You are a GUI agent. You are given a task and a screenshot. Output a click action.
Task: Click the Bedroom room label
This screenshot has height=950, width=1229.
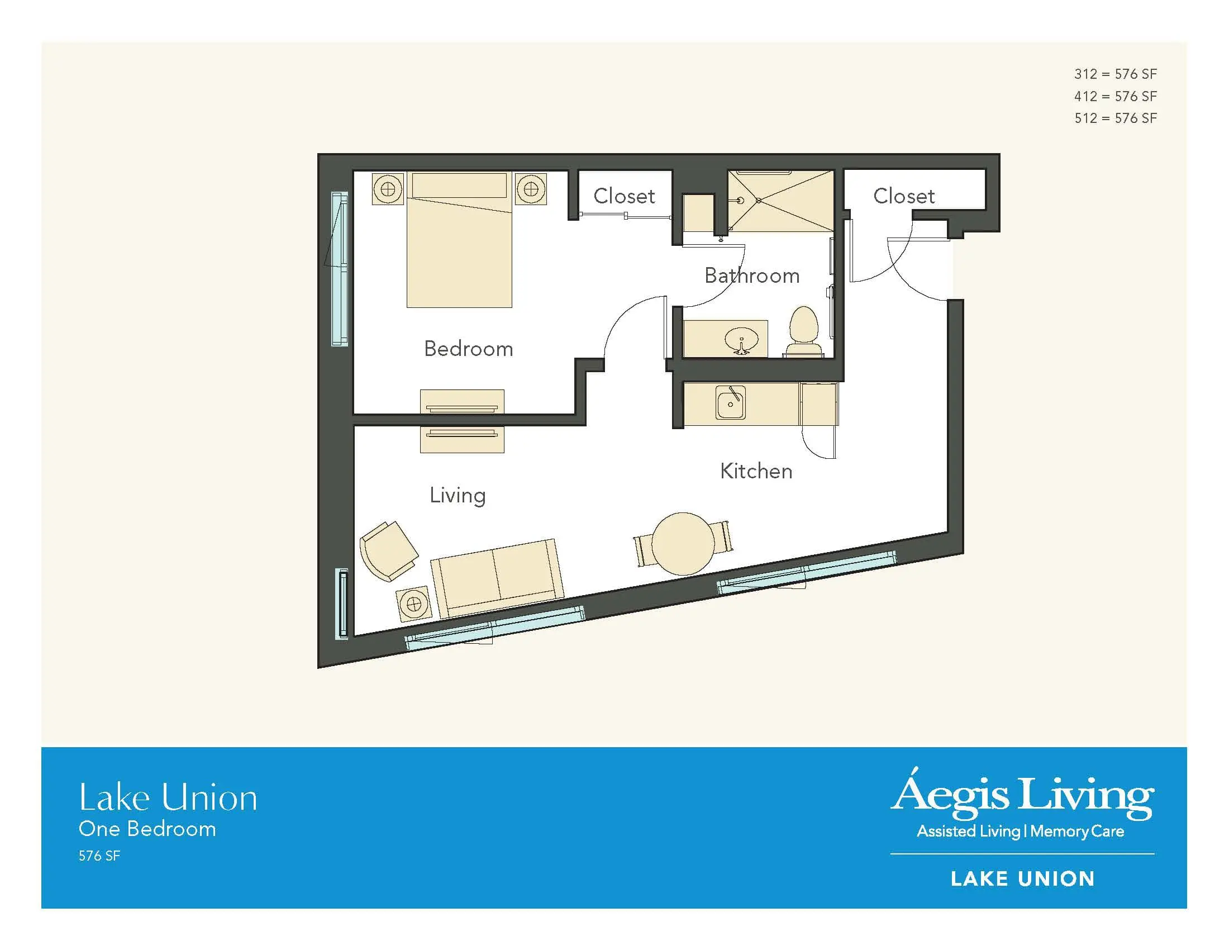468,349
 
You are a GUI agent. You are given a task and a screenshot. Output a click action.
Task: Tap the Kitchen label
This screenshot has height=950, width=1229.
756,471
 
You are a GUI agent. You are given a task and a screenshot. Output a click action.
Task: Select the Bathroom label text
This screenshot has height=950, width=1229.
752,275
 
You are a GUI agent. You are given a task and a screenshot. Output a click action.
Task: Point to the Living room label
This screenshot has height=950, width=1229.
458,496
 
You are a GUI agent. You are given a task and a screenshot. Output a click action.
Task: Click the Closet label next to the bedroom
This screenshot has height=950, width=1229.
624,196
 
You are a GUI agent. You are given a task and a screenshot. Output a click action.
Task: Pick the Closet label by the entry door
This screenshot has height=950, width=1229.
904,196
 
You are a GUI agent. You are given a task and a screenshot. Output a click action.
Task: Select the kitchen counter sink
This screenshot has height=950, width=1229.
731,402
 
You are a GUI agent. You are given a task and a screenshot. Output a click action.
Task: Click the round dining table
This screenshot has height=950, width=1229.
683,544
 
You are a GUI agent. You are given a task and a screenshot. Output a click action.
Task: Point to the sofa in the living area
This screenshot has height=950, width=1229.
497,577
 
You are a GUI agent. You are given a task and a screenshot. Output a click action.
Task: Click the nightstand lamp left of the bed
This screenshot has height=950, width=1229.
388,189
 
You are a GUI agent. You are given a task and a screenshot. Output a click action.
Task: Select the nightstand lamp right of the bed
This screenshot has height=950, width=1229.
531,189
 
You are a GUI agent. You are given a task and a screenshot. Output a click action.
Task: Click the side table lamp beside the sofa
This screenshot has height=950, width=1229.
413,605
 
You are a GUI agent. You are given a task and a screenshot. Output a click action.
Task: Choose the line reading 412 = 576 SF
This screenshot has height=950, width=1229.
1116,96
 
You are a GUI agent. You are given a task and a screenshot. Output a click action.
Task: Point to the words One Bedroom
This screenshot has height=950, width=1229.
147,829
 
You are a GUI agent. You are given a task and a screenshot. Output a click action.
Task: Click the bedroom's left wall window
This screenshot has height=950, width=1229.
339,268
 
